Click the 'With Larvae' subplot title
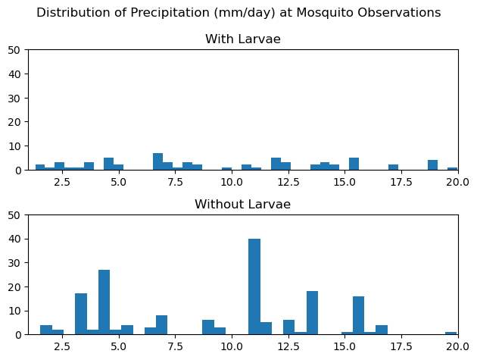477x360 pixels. point(242,39)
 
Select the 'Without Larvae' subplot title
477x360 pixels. point(242,205)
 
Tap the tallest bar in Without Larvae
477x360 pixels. point(254,286)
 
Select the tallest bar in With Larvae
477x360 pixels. point(157,161)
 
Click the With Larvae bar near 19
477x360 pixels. point(432,164)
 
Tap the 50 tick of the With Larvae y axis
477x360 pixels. point(17,50)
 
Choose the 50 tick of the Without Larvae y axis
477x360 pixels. point(17,215)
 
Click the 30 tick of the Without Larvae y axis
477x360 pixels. point(17,263)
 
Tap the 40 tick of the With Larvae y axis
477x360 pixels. point(17,74)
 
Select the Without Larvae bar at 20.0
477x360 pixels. point(451,333)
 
